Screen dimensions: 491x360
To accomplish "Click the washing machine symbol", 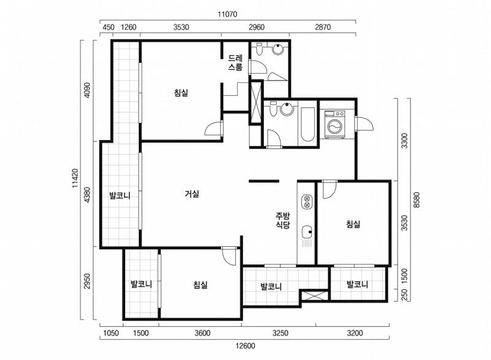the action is [335, 124].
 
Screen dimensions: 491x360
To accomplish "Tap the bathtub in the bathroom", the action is [308, 124].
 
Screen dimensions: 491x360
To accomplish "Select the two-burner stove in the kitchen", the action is [306, 201].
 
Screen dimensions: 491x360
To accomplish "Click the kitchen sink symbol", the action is [307, 232].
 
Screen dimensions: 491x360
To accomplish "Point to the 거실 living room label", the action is [192, 194].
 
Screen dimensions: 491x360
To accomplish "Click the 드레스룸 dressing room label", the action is [235, 62].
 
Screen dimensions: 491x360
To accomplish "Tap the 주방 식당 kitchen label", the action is [283, 221].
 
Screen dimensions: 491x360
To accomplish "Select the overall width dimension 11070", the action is [228, 14].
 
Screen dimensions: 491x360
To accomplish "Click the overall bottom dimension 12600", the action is [245, 346].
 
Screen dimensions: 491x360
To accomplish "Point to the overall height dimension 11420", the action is [75, 178].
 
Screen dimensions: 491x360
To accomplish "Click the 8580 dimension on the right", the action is [417, 200].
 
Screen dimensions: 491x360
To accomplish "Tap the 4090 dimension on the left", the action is [87, 90].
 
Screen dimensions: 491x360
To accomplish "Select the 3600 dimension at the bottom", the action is [203, 333].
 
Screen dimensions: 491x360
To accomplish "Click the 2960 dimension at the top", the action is [257, 27].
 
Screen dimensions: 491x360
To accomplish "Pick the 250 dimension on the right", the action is [404, 294].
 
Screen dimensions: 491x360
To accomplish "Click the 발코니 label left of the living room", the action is [120, 196].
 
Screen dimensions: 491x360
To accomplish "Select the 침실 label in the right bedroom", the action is [354, 224].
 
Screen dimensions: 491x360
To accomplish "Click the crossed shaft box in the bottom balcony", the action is [314, 295].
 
